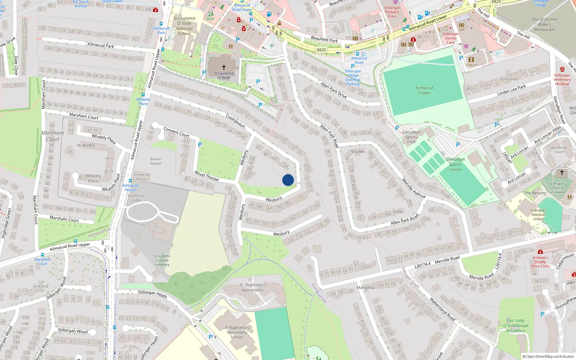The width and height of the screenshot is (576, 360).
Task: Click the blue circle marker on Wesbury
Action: click(288, 180)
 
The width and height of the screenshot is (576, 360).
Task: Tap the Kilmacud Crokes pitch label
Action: click(424, 90)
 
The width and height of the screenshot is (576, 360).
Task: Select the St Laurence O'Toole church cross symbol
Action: click(224, 67)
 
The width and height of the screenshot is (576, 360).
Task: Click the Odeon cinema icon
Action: click(471, 60)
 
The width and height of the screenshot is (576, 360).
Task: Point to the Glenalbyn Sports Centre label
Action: click(455, 165)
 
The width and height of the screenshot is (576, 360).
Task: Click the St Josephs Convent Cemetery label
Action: click(162, 260)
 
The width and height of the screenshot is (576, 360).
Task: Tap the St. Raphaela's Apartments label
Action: click(253, 287)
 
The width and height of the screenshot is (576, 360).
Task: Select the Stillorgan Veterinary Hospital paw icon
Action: click(562, 69)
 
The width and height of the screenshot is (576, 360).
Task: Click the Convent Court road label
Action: click(176, 132)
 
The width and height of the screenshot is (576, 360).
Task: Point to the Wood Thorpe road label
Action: click(206, 176)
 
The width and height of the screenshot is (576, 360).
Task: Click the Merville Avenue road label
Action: click(414, 188)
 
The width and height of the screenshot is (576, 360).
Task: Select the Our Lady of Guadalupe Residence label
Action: click(516, 325)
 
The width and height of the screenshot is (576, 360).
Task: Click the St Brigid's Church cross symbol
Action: click(562, 172)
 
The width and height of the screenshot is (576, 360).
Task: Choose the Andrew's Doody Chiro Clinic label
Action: click(540, 262)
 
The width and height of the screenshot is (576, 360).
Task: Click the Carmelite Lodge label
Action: click(136, 198)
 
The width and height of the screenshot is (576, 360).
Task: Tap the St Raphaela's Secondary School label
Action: click(237, 332)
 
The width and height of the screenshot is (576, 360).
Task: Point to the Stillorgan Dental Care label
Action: click(450, 38)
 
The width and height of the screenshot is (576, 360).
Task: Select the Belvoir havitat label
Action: click(156, 161)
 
